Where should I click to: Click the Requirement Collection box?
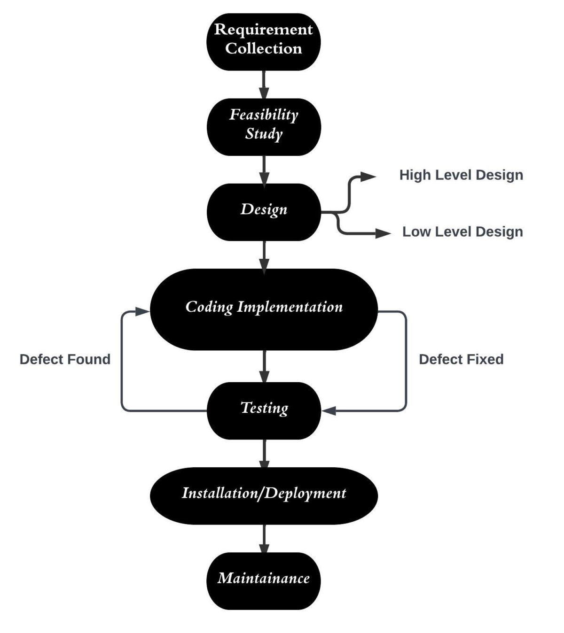pyautogui.click(x=264, y=42)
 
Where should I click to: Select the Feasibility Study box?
pyautogui.click(x=264, y=127)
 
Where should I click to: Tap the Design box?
pyautogui.click(x=264, y=212)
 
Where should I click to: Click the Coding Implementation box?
pyautogui.click(x=264, y=309)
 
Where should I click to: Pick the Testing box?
pyautogui.click(x=264, y=410)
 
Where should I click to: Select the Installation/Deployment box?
pyautogui.click(x=264, y=495)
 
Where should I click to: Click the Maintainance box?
pyautogui.click(x=264, y=580)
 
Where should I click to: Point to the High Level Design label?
pyautogui.click(x=461, y=175)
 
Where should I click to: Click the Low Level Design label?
pyautogui.click(x=462, y=232)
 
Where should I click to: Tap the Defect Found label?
pyautogui.click(x=65, y=360)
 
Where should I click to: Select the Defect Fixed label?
pyautogui.click(x=461, y=360)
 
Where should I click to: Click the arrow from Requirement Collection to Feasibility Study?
pyautogui.click(x=264, y=85)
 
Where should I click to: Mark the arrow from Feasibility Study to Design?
pyautogui.click(x=264, y=170)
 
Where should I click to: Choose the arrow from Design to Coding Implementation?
pyautogui.click(x=264, y=255)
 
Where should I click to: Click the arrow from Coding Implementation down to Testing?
pyautogui.click(x=264, y=366)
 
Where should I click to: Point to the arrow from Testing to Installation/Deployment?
pyautogui.click(x=264, y=454)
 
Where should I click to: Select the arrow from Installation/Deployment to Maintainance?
pyautogui.click(x=264, y=539)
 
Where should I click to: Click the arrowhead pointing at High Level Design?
pyautogui.click(x=368, y=177)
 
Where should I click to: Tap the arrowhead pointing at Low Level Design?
pyautogui.click(x=383, y=233)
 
